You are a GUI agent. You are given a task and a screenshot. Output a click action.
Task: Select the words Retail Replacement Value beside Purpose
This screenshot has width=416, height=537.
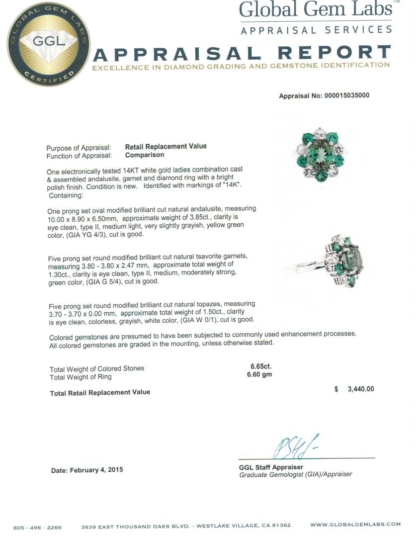166,146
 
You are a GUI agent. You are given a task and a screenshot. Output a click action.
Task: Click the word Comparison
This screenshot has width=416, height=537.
145,155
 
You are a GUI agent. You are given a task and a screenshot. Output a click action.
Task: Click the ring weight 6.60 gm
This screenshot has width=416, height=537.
259,374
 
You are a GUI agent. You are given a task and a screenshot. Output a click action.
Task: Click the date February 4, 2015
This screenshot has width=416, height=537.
87,470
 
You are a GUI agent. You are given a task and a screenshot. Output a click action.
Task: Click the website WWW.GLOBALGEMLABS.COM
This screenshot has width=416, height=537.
355,525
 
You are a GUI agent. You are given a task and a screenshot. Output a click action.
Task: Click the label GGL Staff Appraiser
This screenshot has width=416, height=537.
271,467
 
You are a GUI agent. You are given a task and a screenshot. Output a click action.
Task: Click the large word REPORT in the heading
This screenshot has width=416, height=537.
334,53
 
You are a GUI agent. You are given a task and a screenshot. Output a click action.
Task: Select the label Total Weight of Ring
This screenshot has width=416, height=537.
81,376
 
